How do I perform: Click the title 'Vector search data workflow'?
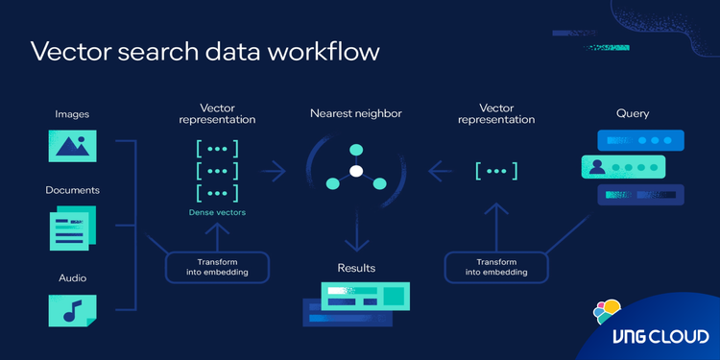(204, 52)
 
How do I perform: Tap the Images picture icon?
(74, 145)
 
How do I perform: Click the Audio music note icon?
(74, 309)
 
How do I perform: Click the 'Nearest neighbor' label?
(355, 113)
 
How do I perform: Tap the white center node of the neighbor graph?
(355, 171)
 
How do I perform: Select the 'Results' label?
(355, 268)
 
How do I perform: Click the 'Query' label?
(633, 113)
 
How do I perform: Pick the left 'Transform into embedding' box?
(217, 267)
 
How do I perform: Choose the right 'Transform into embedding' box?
(496, 267)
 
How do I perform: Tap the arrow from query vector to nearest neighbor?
(441, 171)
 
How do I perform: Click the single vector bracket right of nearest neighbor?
(496, 171)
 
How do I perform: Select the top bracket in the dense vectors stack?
(217, 149)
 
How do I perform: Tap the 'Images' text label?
(72, 114)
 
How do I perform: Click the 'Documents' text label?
(72, 190)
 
